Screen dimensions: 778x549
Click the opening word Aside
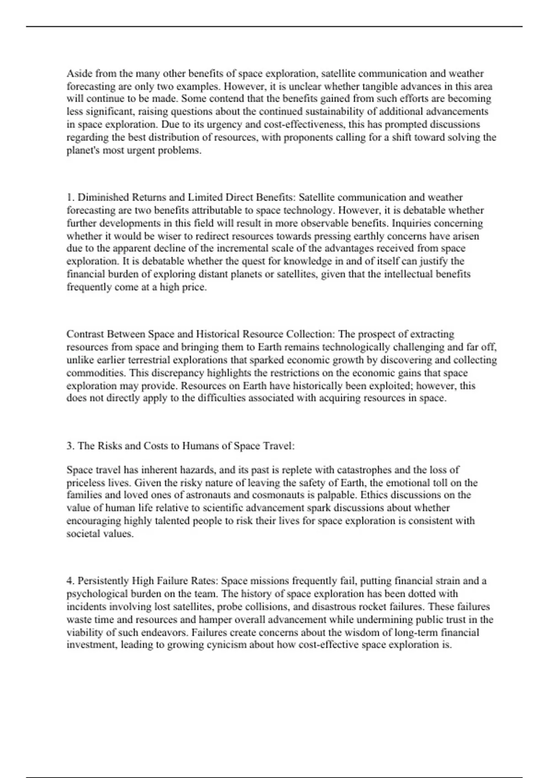[79, 74]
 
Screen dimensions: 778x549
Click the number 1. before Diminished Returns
[70, 198]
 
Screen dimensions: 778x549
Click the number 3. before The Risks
[70, 446]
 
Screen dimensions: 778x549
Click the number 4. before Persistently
[70, 581]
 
